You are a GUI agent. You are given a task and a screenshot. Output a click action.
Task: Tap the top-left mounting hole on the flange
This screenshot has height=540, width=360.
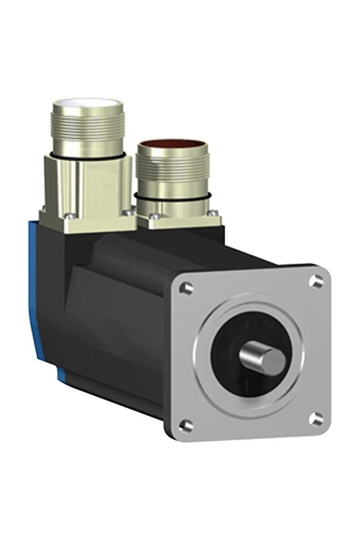click(x=186, y=289)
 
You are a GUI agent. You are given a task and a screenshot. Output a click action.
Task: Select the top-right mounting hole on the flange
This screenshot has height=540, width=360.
click(x=316, y=282)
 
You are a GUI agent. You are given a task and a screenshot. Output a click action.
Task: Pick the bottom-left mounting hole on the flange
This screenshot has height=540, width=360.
click(x=186, y=426)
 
